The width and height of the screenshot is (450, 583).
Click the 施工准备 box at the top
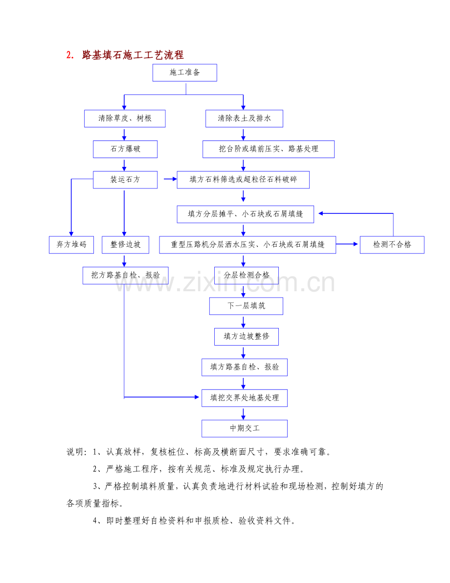[184, 73]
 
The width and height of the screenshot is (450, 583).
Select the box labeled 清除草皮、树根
[125, 118]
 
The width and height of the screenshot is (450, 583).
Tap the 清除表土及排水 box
[244, 118]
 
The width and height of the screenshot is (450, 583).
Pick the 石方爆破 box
[125, 149]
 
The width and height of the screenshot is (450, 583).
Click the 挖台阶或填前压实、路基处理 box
[269, 149]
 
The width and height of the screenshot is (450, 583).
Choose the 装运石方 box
[125, 180]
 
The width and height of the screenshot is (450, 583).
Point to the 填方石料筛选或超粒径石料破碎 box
[243, 180]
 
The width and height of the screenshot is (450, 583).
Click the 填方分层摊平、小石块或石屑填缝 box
[246, 214]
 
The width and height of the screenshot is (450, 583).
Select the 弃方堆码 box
[71, 245]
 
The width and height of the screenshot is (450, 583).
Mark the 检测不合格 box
[392, 245]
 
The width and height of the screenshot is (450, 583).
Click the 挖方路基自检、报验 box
[125, 275]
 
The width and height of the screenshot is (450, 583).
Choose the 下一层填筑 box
[246, 306]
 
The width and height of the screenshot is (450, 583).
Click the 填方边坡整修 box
[247, 336]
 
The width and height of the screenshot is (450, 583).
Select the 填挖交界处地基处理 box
[245, 397]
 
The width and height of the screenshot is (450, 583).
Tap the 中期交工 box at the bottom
[245, 428]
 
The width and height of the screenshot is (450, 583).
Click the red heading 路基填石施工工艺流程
[133, 55]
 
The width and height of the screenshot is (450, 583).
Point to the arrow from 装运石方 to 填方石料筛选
[170, 180]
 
